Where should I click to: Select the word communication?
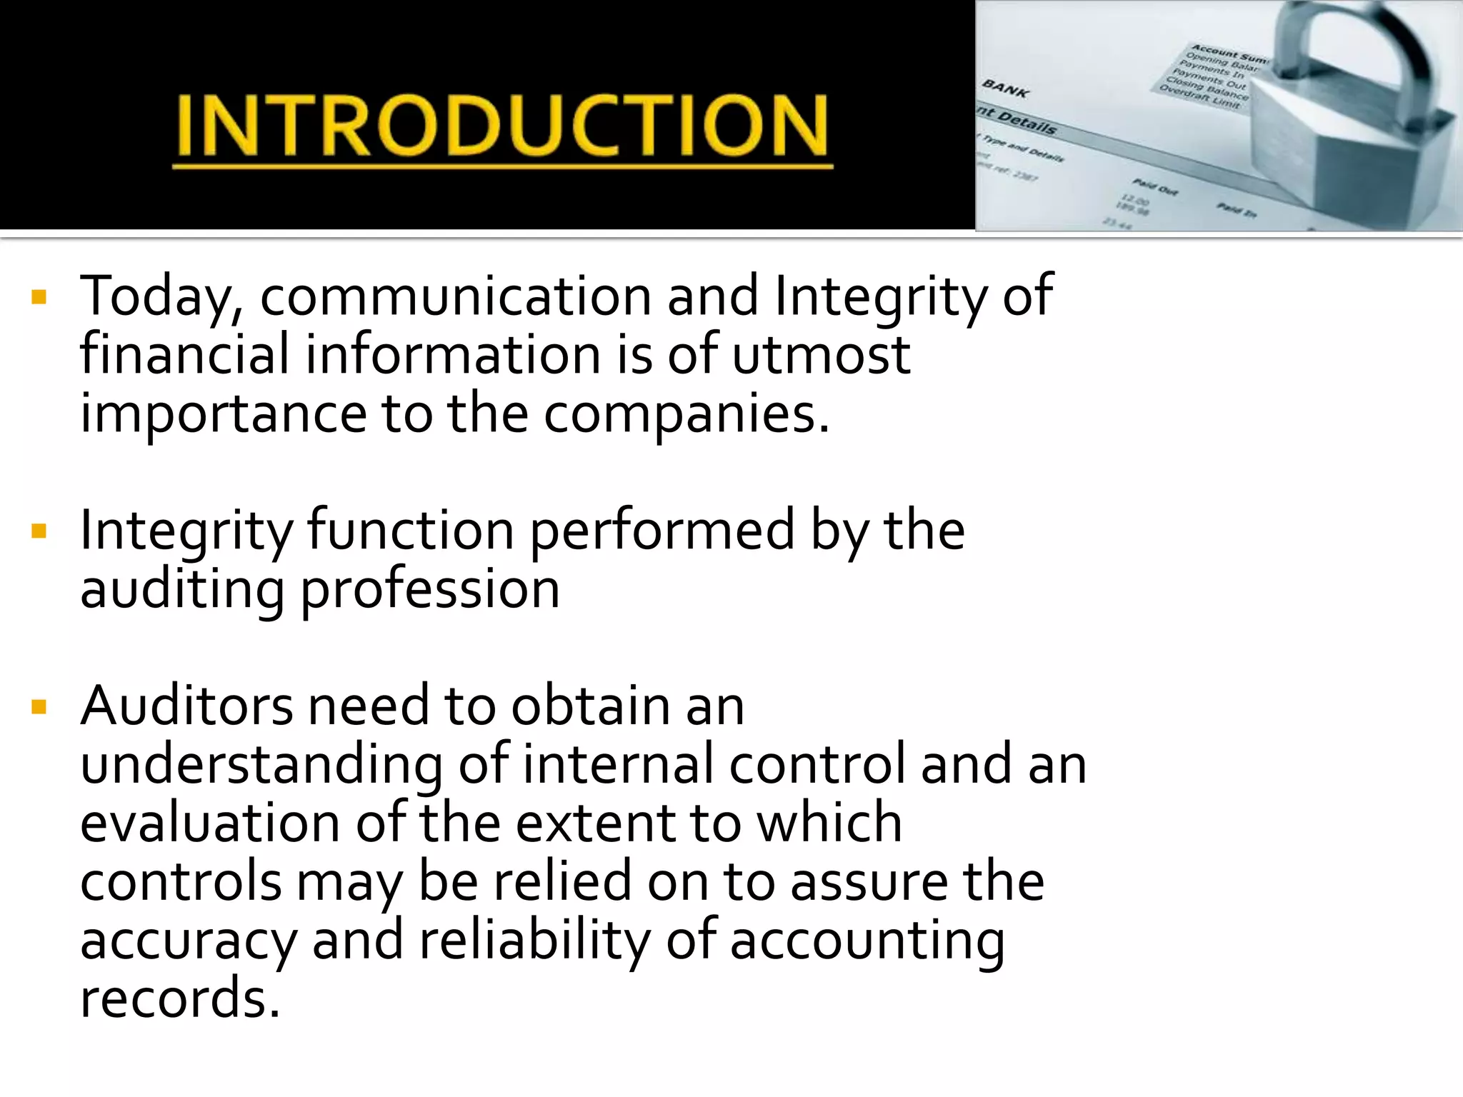pyautogui.click(x=455, y=296)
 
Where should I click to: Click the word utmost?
pyautogui.click(x=821, y=355)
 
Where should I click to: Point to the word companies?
pyautogui.click(x=686, y=414)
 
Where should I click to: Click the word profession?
pyautogui.click(x=429, y=591)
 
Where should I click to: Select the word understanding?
pyautogui.click(x=261, y=766)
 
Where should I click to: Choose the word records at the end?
pyautogui.click(x=179, y=999)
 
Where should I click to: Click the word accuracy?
pyautogui.click(x=188, y=942)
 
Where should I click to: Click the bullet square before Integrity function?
pyautogui.click(x=39, y=531)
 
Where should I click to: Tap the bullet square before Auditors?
pyautogui.click(x=39, y=707)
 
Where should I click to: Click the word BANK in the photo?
pyautogui.click(x=1006, y=89)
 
